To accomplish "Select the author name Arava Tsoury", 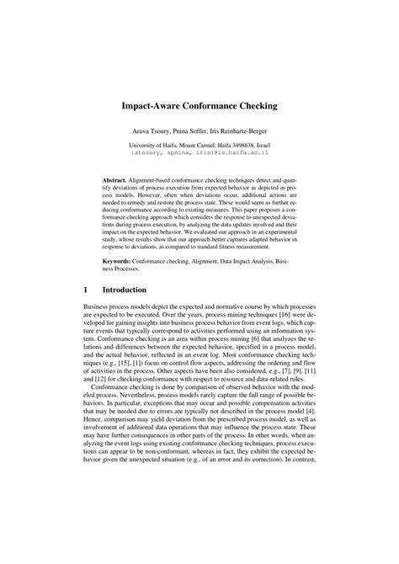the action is pos(151,134).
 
